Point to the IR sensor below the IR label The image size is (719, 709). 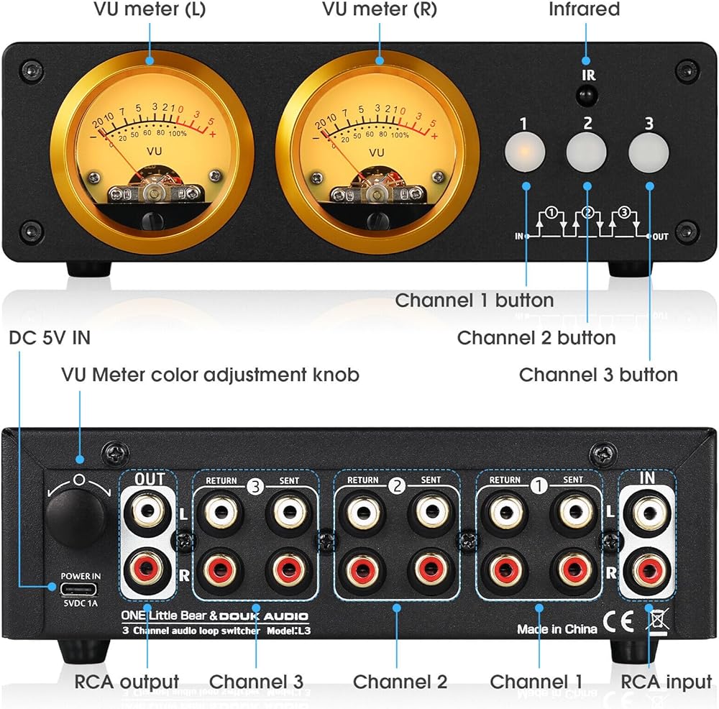588,95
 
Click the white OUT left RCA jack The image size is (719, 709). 147,512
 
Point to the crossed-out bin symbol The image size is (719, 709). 656,618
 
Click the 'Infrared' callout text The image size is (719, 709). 584,10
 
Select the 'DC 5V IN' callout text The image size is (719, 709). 50,337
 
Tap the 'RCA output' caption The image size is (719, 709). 127,681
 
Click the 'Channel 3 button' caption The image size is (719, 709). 598,375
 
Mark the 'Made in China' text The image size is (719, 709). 557,629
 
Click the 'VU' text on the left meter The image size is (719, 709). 154,152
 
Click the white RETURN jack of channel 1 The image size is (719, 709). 505,512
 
